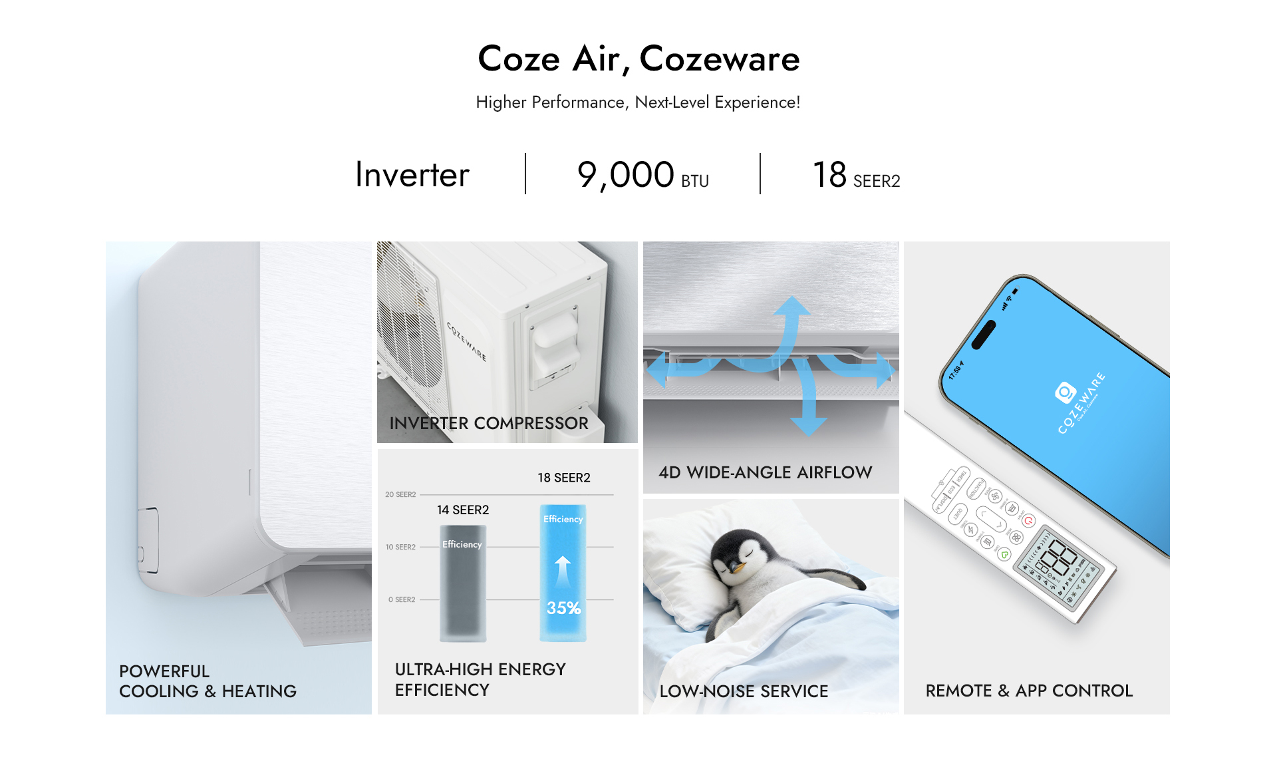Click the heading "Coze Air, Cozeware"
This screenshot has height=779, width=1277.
coord(638,59)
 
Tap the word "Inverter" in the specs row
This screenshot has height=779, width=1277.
coord(412,175)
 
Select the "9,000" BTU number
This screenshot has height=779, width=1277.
coord(625,175)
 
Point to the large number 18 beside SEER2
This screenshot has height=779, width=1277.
coord(829,175)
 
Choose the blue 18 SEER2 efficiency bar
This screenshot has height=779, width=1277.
coord(563,572)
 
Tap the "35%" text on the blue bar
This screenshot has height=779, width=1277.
coord(563,608)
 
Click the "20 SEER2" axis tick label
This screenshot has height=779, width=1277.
coord(400,495)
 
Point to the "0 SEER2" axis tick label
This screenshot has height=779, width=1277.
coord(402,600)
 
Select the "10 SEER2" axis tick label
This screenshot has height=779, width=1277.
coord(400,547)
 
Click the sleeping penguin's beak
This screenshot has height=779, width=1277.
coord(736,567)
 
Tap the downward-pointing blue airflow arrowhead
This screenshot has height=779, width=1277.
coord(809,425)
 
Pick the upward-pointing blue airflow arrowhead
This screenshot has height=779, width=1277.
coord(791,306)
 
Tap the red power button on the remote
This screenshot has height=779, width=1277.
coord(1029,521)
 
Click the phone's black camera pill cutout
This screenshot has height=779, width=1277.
coord(984,335)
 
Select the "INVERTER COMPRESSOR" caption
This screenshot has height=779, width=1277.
coord(489,423)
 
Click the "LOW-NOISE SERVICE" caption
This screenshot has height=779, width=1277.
coord(744,692)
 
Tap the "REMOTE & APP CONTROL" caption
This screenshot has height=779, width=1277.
coord(1029,691)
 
